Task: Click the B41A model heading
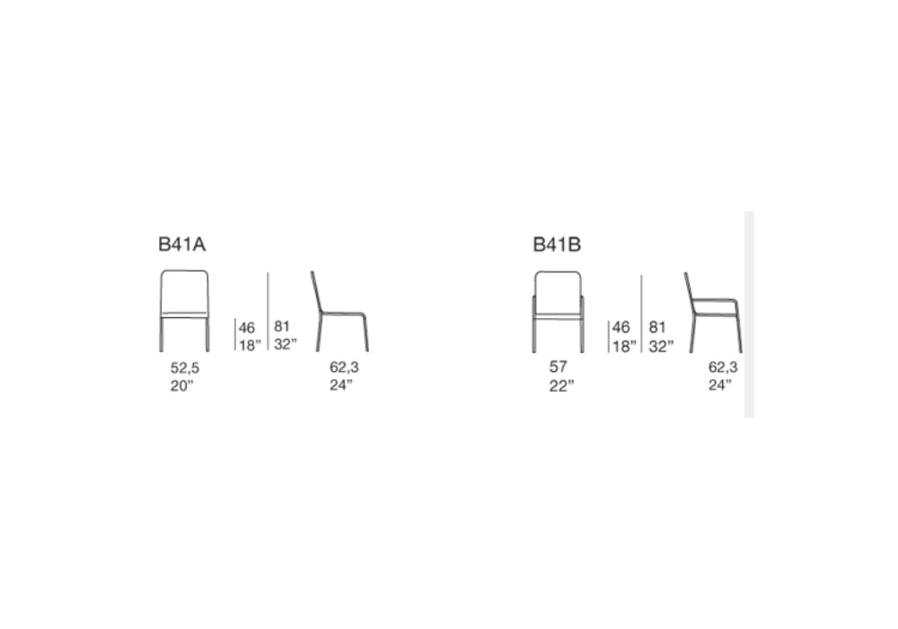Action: tap(181, 244)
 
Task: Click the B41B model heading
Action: tap(557, 244)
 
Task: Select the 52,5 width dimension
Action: tap(184, 368)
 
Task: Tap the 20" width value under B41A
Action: tap(181, 386)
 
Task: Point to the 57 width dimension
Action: tap(558, 367)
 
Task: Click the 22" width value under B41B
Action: tap(561, 386)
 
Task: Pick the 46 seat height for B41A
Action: tap(247, 328)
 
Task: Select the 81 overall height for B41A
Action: tap(281, 326)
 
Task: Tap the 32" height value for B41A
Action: tap(286, 344)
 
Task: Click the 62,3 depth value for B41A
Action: tap(344, 367)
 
